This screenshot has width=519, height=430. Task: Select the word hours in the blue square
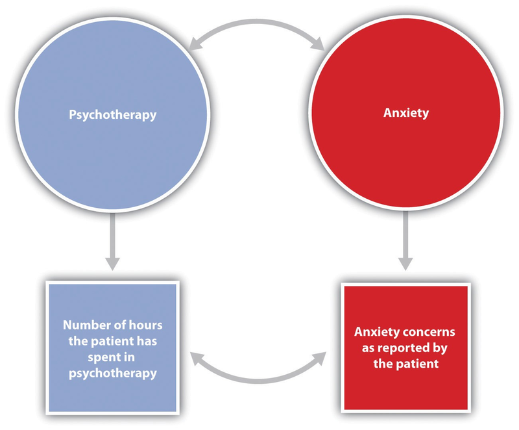pyautogui.click(x=142, y=325)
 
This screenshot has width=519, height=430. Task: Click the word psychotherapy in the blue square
pyautogui.click(x=113, y=375)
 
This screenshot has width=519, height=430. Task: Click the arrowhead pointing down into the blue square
pyautogui.click(x=113, y=263)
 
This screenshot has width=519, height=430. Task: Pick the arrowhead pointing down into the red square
pyautogui.click(x=404, y=263)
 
